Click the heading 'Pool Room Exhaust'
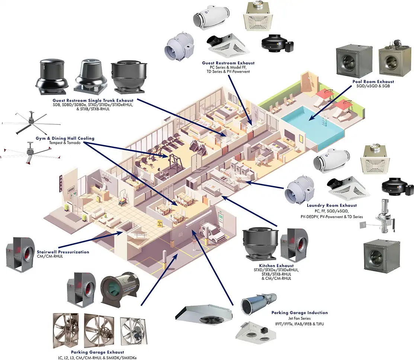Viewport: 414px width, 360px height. pos(373,81)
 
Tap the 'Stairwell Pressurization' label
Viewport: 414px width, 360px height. pos(63,252)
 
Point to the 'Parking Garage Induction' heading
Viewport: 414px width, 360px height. pos(299,313)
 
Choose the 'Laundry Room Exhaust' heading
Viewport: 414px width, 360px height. pos(331,205)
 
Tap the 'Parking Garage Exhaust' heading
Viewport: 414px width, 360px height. pos(97,352)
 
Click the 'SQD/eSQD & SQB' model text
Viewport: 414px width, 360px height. pos(372,86)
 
